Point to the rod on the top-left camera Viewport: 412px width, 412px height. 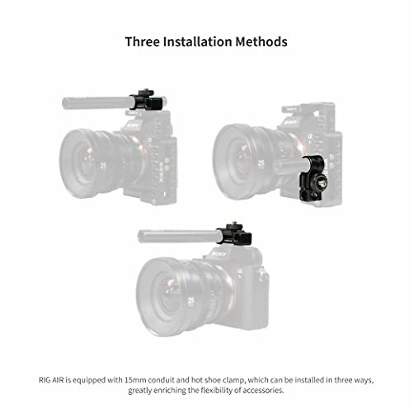pos(96,103)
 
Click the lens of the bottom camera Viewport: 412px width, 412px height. pos(172,295)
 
